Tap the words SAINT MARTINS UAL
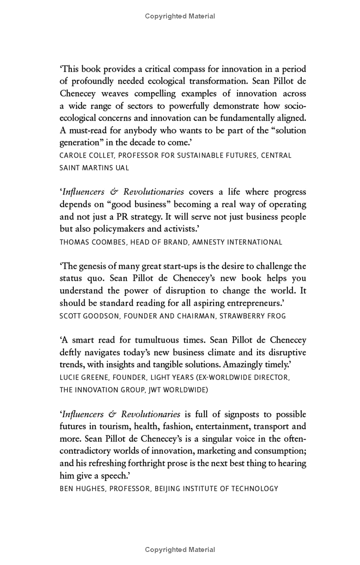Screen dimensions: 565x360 tap(94, 167)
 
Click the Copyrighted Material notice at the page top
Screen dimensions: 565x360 tap(180, 16)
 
